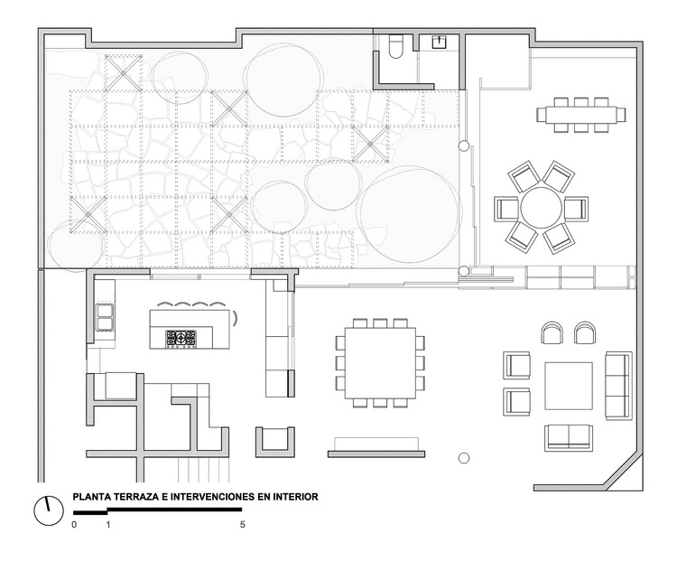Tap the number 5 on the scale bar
point(243,523)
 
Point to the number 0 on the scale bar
point(75,523)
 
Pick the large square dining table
point(377,362)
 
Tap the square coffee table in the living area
point(568,388)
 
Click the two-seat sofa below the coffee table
point(568,438)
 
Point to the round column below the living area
point(464,458)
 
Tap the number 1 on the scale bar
point(108,523)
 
